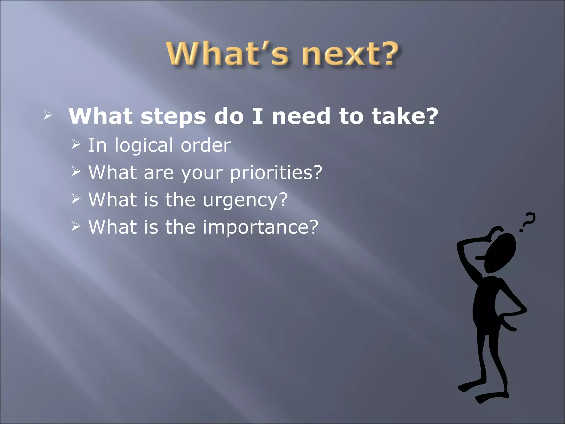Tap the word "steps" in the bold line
tap(173, 116)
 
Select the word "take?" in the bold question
tap(405, 116)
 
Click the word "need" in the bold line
tap(301, 116)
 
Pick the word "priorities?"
tap(276, 173)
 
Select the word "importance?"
tap(260, 227)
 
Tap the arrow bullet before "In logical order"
tap(75, 144)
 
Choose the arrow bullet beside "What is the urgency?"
tap(75, 199)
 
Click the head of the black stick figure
tap(500, 253)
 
